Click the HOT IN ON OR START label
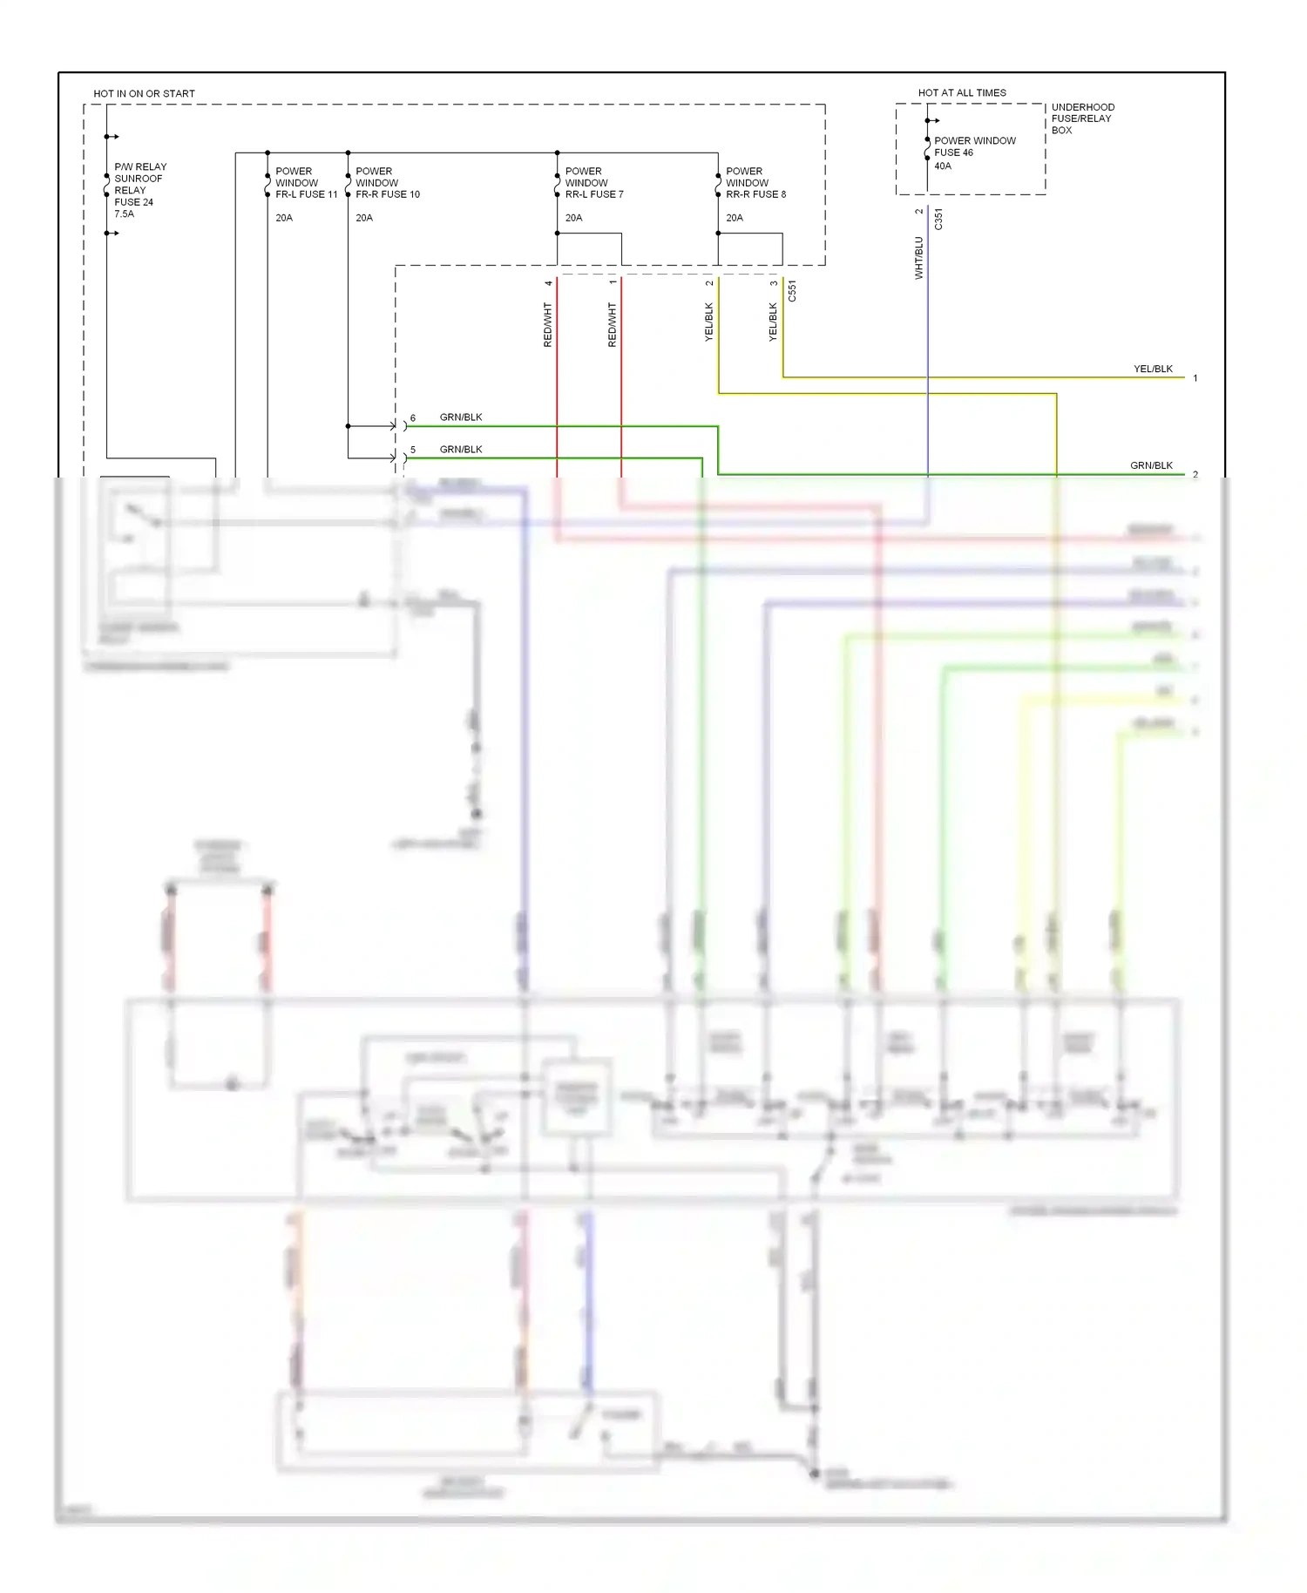pyautogui.click(x=144, y=93)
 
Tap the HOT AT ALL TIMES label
pyautogui.click(x=961, y=92)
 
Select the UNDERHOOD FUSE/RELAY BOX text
pyautogui.click(x=1082, y=119)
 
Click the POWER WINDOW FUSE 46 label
pyautogui.click(x=974, y=146)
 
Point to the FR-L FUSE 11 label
pyautogui.click(x=306, y=194)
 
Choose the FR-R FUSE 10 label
pyautogui.click(x=387, y=194)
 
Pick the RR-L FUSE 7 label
pyautogui.click(x=593, y=194)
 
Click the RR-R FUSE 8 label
pyautogui.click(x=755, y=194)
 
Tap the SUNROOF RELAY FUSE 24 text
pyautogui.click(x=138, y=190)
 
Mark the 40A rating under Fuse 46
pyautogui.click(x=943, y=166)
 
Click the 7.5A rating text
pyautogui.click(x=124, y=214)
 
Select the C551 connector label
pyautogui.click(x=792, y=291)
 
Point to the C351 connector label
pyautogui.click(x=938, y=219)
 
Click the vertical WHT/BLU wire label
pyautogui.click(x=918, y=257)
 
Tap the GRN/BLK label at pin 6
pyautogui.click(x=460, y=417)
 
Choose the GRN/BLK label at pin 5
pyautogui.click(x=460, y=449)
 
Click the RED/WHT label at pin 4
pyautogui.click(x=548, y=325)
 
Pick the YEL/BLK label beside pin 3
pyautogui.click(x=773, y=322)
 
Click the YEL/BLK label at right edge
pyautogui.click(x=1152, y=369)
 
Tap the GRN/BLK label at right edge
pyautogui.click(x=1150, y=465)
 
